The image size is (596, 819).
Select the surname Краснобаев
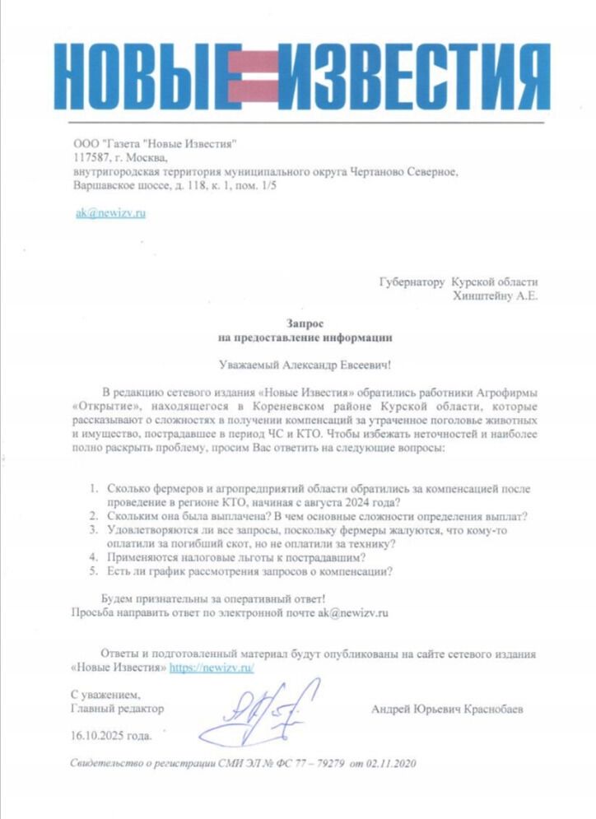[490, 709]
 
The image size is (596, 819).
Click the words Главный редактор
[118, 708]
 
